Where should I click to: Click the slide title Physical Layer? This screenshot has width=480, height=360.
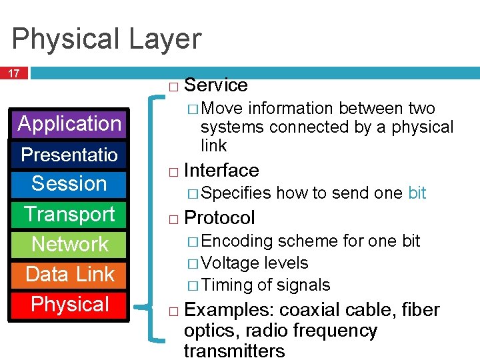coord(106,39)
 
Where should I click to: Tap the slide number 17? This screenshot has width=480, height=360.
coord(14,73)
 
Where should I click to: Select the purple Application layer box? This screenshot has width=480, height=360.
coord(69,124)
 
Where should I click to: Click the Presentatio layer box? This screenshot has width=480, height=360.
coord(69,155)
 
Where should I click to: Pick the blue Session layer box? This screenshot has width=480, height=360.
coord(69,184)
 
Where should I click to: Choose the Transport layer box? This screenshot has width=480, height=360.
coord(69,214)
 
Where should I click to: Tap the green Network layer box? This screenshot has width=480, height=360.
coord(69,244)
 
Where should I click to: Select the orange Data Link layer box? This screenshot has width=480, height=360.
coord(69,274)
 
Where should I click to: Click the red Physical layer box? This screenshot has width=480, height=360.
coord(69,305)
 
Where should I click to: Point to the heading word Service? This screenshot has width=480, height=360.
coord(215,85)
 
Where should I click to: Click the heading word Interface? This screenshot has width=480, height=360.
coord(221,171)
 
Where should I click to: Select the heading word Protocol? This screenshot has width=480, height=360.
coord(219,218)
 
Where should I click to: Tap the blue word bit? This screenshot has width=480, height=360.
coord(417,193)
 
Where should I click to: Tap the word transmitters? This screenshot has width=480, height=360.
coord(234,351)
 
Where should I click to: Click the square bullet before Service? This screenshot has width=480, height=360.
coord(173,87)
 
